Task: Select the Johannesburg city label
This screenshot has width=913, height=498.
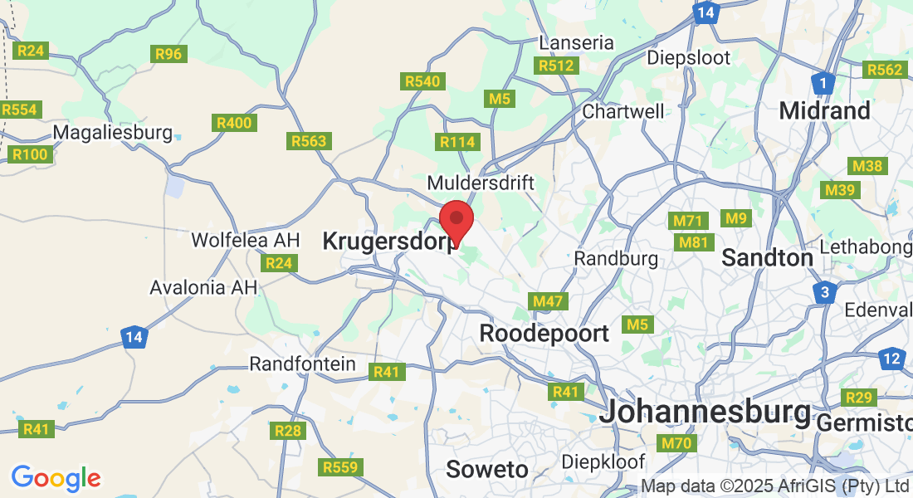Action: [705, 411]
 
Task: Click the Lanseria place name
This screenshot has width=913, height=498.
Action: [576, 42]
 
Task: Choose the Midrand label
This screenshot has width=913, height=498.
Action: [825, 110]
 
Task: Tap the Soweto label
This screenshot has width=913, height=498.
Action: [487, 469]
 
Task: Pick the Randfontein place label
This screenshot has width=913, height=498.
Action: [303, 364]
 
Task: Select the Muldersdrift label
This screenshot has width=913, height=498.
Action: [481, 182]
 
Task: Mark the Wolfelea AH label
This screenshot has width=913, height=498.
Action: [245, 240]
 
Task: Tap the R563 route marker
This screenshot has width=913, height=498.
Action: [309, 141]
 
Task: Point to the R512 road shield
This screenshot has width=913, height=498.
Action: [556, 66]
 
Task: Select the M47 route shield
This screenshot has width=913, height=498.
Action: [548, 301]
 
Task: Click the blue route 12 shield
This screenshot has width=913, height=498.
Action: [892, 359]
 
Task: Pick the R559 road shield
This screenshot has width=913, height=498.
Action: [340, 467]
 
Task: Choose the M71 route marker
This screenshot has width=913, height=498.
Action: [688, 221]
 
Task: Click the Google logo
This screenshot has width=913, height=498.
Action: [56, 478]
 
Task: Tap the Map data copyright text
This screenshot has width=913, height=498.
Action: [776, 486]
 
